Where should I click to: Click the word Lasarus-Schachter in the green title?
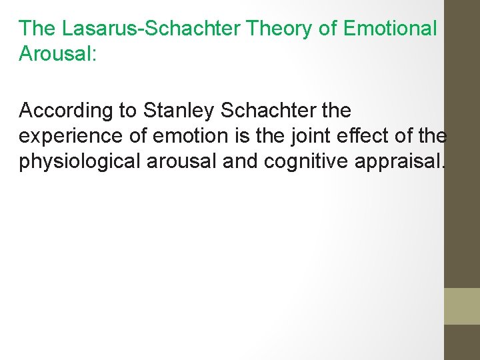coord(151,29)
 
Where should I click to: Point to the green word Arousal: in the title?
coord(58,54)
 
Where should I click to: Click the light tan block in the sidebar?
coord(461,306)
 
